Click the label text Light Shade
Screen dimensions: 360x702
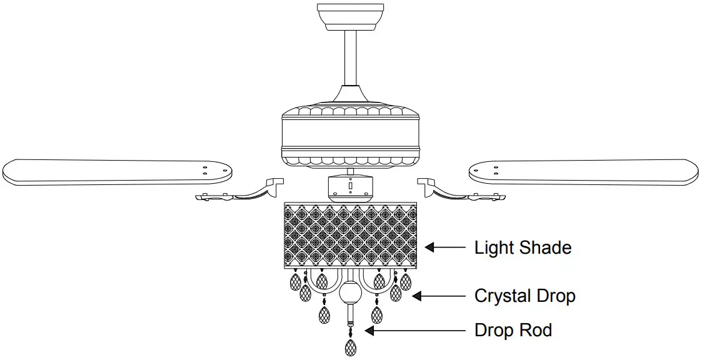click(523, 247)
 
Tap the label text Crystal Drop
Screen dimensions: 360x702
click(524, 295)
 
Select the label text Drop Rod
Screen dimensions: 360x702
click(513, 329)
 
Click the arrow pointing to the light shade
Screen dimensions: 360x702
click(445, 247)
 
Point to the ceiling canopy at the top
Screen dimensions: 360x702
click(350, 15)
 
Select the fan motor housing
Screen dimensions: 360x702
click(351, 136)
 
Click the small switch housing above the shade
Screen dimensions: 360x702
click(351, 187)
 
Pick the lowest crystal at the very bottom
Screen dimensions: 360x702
click(351, 347)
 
